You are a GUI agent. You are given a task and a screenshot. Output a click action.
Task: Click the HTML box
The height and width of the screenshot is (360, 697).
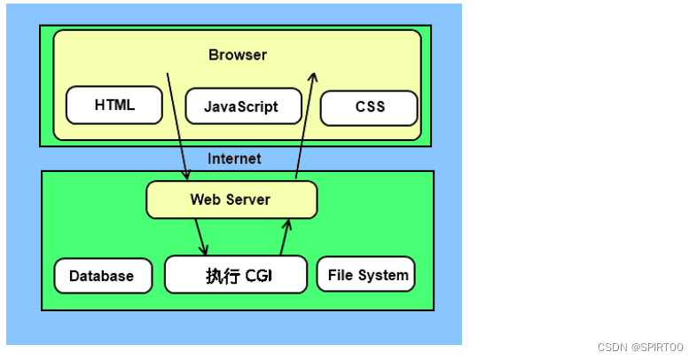point(114,105)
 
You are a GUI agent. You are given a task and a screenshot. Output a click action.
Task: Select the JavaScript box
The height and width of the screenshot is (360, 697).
point(240,106)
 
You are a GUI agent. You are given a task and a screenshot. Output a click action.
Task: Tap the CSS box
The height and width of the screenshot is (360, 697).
point(369,107)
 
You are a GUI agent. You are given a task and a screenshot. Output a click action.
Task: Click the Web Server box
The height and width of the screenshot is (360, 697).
point(231,200)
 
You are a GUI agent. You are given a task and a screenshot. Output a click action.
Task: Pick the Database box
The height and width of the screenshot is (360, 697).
point(101,276)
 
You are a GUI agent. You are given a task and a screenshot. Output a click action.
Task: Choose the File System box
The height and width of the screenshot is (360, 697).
point(366,275)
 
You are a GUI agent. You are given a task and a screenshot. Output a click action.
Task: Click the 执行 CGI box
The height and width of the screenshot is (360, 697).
point(236,275)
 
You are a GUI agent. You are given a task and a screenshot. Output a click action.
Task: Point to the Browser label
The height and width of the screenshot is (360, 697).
point(238,55)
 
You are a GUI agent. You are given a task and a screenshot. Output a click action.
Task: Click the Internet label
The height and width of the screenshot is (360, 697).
point(234,159)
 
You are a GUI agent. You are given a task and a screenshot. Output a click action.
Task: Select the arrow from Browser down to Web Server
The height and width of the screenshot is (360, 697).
point(177,124)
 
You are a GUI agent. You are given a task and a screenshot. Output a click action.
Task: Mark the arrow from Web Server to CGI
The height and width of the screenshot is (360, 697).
point(201,237)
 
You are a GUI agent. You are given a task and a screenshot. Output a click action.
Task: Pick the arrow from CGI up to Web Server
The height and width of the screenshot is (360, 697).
point(285,237)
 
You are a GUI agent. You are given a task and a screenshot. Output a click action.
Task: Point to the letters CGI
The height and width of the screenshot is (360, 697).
point(258,276)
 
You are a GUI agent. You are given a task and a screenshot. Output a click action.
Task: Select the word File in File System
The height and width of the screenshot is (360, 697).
point(341,275)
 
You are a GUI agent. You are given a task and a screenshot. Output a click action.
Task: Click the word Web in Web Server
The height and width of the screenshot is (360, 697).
point(205,200)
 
